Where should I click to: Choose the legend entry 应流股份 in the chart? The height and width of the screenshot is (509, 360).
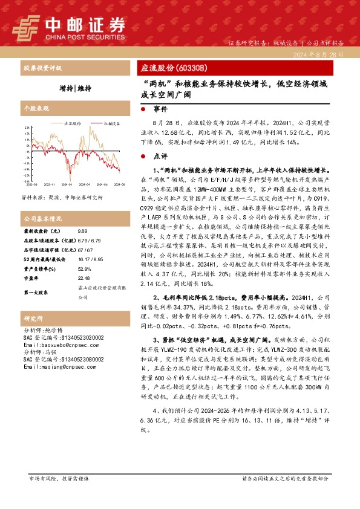[73, 123]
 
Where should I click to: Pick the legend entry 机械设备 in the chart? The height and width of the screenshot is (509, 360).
[113, 123]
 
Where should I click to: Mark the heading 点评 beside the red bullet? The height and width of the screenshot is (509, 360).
[159, 155]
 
